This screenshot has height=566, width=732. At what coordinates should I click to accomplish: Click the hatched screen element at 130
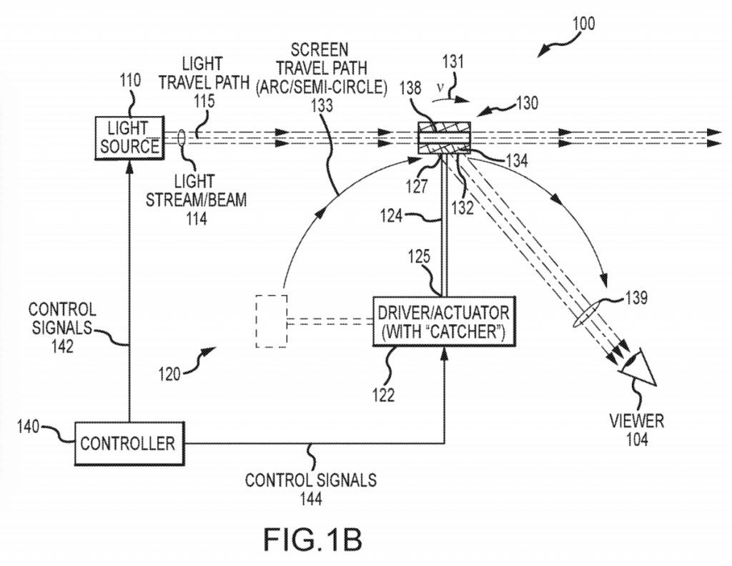coord(443,137)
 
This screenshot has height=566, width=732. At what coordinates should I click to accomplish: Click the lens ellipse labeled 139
coord(587,314)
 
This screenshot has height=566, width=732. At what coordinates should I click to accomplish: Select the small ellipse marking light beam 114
coord(182,138)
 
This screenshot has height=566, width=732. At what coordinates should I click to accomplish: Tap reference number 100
coord(583,24)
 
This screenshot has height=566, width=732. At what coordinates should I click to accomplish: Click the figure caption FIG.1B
coord(313,540)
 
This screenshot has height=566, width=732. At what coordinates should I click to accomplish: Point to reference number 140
coord(29,426)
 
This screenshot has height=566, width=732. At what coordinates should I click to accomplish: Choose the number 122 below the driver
coord(384,396)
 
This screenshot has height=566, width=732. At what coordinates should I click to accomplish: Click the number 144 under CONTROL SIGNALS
coord(312,499)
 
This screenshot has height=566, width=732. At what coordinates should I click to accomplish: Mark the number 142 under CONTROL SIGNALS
coord(63,346)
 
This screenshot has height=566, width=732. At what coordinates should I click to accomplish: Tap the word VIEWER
coord(637,421)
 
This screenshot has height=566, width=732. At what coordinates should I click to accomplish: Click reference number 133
coord(322,105)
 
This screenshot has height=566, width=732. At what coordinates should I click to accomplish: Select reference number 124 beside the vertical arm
coord(392,216)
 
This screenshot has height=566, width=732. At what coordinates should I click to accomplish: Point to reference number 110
coord(130,80)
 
